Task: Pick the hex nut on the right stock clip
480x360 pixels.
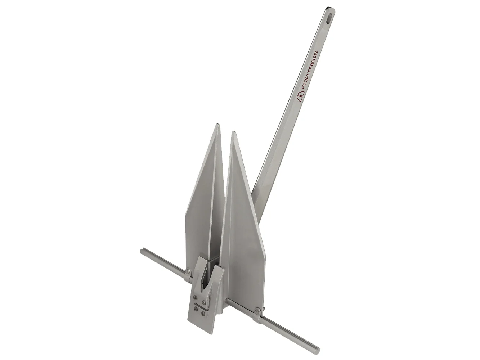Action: [x=256, y=312]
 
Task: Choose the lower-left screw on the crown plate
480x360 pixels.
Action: [x=195, y=308]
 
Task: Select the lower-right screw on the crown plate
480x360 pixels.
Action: [x=203, y=314]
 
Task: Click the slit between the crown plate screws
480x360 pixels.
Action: [x=200, y=306]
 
